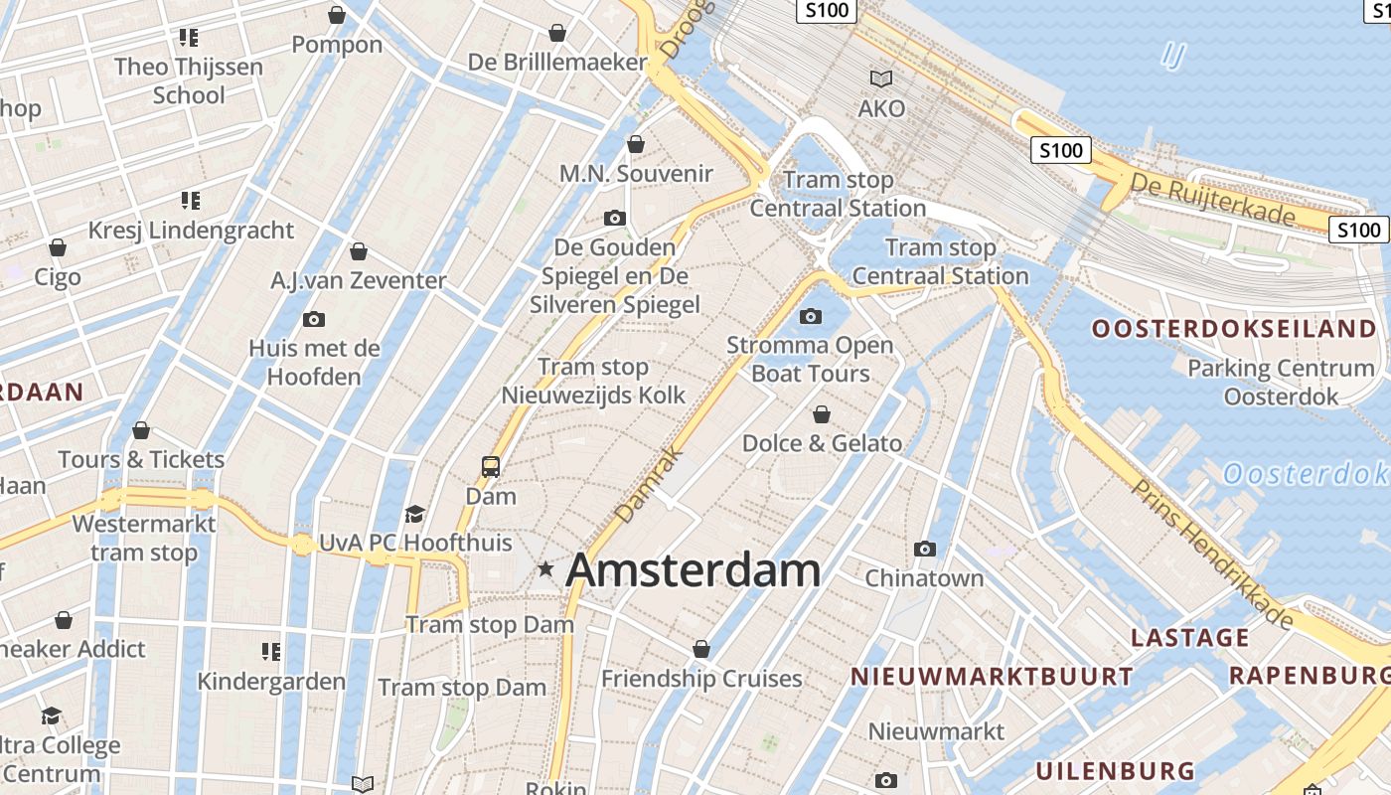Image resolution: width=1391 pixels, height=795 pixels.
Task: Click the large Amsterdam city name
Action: (x=693, y=570)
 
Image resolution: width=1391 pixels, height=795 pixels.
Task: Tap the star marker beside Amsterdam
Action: (x=545, y=569)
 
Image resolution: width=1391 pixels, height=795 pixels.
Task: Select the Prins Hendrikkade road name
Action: (x=1213, y=553)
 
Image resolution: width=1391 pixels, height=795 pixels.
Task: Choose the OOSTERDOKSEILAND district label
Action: (x=1235, y=329)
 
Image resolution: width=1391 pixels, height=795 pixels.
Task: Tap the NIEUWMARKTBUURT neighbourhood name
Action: (x=992, y=677)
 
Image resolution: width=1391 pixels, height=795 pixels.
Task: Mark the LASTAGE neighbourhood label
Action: (x=1189, y=637)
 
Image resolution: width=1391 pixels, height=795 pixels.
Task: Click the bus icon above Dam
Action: (x=491, y=466)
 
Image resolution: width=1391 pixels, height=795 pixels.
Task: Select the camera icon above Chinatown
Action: (x=925, y=549)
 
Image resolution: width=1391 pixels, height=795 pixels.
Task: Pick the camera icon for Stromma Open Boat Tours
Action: (x=811, y=317)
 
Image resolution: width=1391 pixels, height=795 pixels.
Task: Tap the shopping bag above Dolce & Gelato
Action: (x=822, y=413)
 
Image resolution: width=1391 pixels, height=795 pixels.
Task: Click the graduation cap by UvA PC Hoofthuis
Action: (x=414, y=514)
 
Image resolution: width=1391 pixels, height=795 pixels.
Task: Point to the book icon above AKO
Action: (x=881, y=79)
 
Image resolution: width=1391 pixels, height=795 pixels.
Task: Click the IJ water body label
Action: (x=1173, y=56)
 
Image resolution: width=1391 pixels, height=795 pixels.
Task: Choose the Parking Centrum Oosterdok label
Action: (x=1281, y=382)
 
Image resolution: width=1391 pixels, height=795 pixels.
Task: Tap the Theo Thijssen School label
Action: (x=189, y=80)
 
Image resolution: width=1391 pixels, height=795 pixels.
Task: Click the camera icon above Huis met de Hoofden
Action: (x=314, y=319)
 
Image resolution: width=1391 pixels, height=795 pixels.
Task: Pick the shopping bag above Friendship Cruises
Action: (x=701, y=649)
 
